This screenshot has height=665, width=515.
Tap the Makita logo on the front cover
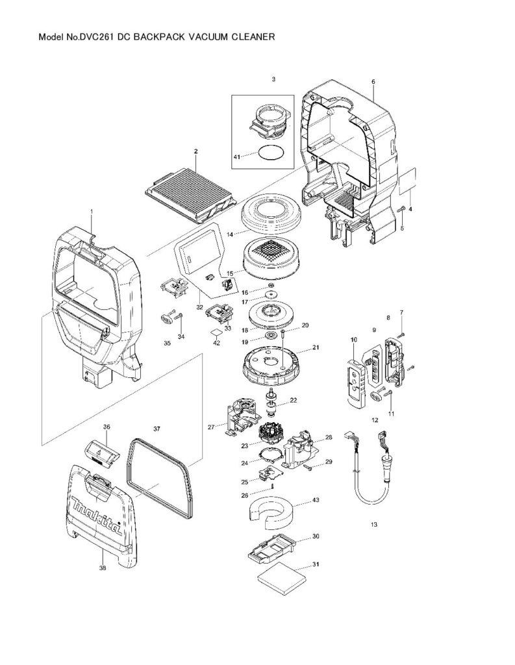(95, 516)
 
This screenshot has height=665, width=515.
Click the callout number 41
(237, 157)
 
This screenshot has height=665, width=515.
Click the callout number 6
(373, 82)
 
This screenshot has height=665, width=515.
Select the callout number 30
(316, 537)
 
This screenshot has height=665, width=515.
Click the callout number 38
(103, 568)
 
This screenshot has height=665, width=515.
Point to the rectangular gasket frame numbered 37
(159, 477)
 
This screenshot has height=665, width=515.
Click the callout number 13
(373, 524)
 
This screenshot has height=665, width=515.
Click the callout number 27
(210, 427)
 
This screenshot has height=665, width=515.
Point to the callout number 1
(92, 212)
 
